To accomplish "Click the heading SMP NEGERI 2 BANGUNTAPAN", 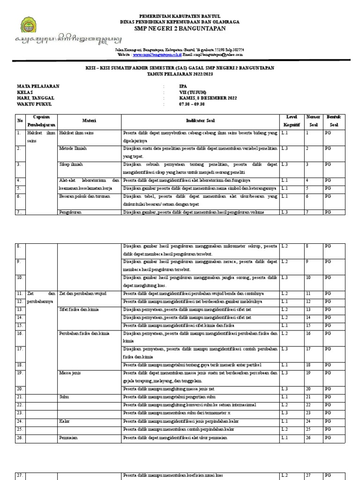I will (x=180, y=29).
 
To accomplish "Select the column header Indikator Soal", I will (x=200, y=120).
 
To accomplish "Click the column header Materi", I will (x=89, y=120).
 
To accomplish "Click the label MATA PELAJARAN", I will (x=38, y=86).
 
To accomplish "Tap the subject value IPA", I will (x=183, y=86).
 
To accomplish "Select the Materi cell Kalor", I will (x=65, y=421).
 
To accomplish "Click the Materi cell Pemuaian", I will (x=68, y=438).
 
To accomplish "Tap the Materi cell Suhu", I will (x=64, y=397).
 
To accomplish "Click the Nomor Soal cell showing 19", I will (x=308, y=373).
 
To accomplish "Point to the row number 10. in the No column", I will (x=20, y=277).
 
